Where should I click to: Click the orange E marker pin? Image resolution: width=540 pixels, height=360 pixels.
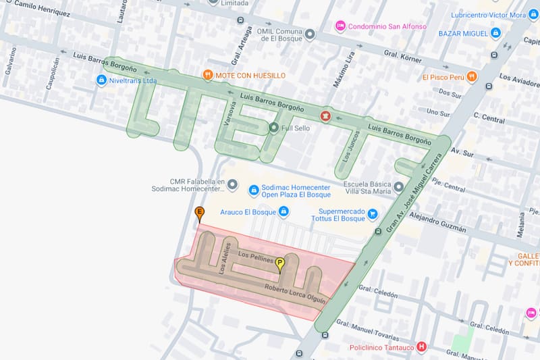199,214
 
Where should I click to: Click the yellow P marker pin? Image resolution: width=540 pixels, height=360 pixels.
280,264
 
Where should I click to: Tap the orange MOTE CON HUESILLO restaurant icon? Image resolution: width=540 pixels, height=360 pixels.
208,75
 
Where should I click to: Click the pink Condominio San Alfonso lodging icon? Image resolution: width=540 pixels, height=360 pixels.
341,26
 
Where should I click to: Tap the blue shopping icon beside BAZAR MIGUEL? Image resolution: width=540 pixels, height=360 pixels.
495,32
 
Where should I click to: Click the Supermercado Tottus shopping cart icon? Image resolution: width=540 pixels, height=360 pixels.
372,214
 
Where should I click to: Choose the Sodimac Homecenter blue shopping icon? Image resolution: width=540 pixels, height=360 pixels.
254,190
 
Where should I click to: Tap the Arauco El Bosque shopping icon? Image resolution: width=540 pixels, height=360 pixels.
283,212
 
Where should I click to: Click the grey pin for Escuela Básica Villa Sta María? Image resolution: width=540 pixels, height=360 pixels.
398,186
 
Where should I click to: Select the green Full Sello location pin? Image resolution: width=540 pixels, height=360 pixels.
273,127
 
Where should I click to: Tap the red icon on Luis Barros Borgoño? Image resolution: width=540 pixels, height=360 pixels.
326,117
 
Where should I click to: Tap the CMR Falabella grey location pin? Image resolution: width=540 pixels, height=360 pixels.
232,184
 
